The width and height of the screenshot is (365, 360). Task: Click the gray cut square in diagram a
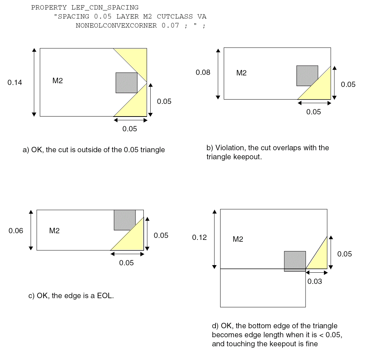pyautogui.click(x=126, y=83)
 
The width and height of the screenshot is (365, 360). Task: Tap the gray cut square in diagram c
pyautogui.click(x=125, y=220)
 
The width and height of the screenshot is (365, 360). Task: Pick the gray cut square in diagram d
pyautogui.click(x=295, y=261)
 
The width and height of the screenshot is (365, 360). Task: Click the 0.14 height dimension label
pyautogui.click(x=15, y=83)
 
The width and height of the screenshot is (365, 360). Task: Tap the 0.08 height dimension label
pyautogui.click(x=203, y=73)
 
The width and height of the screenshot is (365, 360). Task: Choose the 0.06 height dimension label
pyautogui.click(x=16, y=231)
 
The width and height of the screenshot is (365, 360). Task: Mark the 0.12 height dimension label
pyautogui.click(x=199, y=237)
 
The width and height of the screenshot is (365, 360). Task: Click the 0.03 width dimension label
pyautogui.click(x=315, y=281)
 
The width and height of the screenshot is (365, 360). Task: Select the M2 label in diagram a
pyautogui.click(x=58, y=81)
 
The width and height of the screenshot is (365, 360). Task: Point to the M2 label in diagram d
pyautogui.click(x=238, y=239)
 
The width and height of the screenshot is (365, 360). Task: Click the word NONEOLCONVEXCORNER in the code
pyautogui.click(x=116, y=26)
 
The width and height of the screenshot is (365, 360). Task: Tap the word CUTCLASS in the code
pyautogui.click(x=175, y=17)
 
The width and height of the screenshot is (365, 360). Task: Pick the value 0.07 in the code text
pyautogui.click(x=170, y=26)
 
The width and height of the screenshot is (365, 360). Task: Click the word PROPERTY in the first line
pyautogui.click(x=49, y=8)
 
